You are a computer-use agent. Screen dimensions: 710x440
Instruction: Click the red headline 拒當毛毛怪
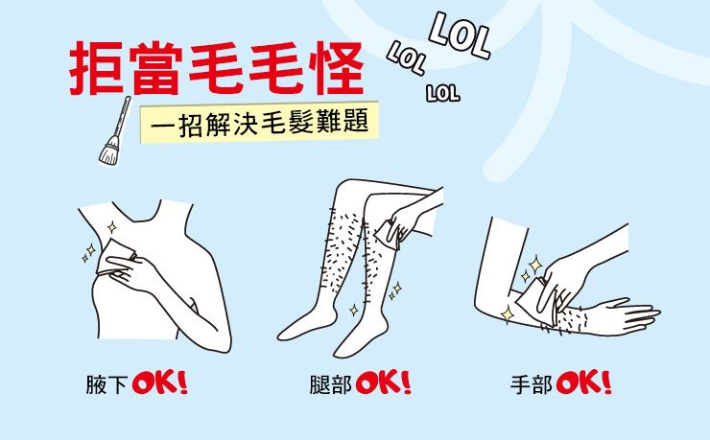217,68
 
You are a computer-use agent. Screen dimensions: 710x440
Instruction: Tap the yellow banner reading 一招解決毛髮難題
259,123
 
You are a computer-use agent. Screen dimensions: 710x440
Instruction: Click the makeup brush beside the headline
115,130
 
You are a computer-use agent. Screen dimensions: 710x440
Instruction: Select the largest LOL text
460,35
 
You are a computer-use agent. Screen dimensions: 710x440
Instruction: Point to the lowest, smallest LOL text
443,93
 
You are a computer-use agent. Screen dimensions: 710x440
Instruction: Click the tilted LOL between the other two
406,58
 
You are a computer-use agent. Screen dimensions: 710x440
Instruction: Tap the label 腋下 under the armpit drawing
106,384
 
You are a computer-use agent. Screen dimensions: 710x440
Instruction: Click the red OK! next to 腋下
160,383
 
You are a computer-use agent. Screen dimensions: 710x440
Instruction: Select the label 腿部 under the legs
331,384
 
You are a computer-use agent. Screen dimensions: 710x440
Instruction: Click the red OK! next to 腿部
384,383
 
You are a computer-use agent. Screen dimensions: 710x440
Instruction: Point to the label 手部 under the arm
532,384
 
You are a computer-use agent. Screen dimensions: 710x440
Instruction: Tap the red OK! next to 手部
584,383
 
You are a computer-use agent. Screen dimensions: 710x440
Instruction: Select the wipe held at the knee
388,234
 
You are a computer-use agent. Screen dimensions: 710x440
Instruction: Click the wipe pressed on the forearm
536,302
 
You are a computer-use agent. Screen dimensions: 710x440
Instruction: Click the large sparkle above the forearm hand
535,264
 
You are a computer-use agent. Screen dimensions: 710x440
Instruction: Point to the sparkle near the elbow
508,314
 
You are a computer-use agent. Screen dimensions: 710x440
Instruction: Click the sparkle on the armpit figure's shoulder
112,227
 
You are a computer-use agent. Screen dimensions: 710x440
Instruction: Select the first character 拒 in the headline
96,68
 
